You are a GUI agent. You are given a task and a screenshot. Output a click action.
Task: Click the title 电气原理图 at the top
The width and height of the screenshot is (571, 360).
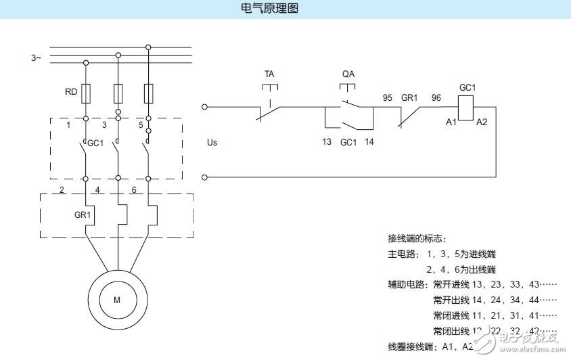tap(269, 9)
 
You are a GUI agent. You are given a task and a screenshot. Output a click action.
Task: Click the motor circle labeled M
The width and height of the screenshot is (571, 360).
tap(116, 300)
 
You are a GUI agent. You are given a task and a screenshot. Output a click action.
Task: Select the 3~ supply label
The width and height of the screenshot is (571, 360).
tap(36, 58)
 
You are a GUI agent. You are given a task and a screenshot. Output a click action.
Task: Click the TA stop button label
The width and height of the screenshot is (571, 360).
tap(269, 73)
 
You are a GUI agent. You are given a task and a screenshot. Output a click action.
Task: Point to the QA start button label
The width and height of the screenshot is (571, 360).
tap(348, 73)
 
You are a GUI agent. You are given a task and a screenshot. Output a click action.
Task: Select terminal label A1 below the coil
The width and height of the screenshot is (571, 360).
tap(451, 122)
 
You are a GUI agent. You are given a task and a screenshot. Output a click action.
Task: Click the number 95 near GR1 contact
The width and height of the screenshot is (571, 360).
tap(388, 97)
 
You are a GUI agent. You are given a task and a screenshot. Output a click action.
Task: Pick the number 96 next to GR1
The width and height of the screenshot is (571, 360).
tap(436, 97)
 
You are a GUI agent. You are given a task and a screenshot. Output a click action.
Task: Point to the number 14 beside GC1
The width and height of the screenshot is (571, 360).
tap(369, 142)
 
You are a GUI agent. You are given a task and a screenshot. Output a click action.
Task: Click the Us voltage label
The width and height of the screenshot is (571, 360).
tap(212, 142)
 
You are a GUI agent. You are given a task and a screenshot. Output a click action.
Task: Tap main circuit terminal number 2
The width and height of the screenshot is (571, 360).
tap(62, 190)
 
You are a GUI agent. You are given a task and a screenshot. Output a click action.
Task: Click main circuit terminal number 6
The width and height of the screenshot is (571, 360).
tap(134, 190)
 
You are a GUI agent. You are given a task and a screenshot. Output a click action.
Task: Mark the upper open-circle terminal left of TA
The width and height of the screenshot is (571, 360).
tap(205, 106)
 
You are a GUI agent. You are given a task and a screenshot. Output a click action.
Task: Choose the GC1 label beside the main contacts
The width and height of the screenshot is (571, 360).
tap(96, 143)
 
